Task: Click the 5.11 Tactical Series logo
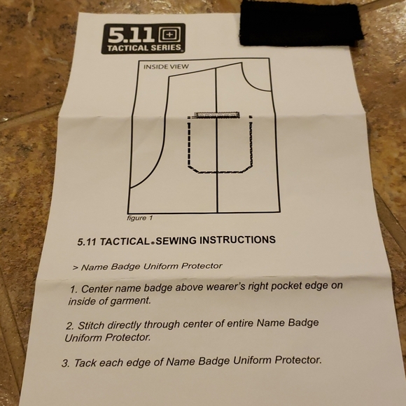pyautogui.click(x=143, y=38)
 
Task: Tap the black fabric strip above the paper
pyautogui.click(x=301, y=24)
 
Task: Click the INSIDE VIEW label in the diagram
pyautogui.click(x=166, y=66)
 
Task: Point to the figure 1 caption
pyautogui.click(x=140, y=218)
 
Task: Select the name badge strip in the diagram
pyautogui.click(x=217, y=115)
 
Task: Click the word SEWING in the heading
pyautogui.click(x=176, y=241)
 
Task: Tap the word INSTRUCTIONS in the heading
pyautogui.click(x=237, y=240)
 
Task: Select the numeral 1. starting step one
pyautogui.click(x=74, y=289)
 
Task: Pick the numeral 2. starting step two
pyautogui.click(x=71, y=326)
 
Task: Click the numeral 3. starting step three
pyautogui.click(x=66, y=363)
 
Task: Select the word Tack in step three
pyautogui.click(x=85, y=363)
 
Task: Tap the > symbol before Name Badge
pyautogui.click(x=76, y=267)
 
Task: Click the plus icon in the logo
pyautogui.click(x=169, y=35)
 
